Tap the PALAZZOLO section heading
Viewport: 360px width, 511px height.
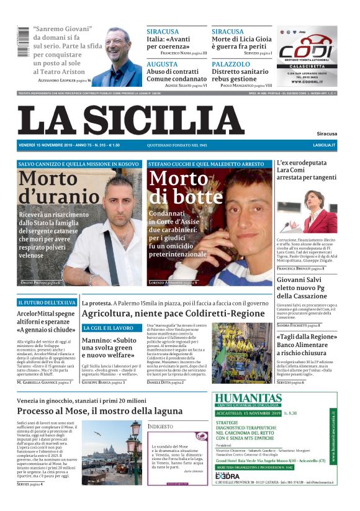(x=231, y=64)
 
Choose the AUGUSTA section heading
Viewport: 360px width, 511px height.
(x=162, y=64)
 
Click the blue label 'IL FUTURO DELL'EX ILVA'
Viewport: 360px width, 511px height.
(x=47, y=302)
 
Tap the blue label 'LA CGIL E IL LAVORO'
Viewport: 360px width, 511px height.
(x=109, y=327)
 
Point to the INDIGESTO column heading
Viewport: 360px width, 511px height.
(x=161, y=427)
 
